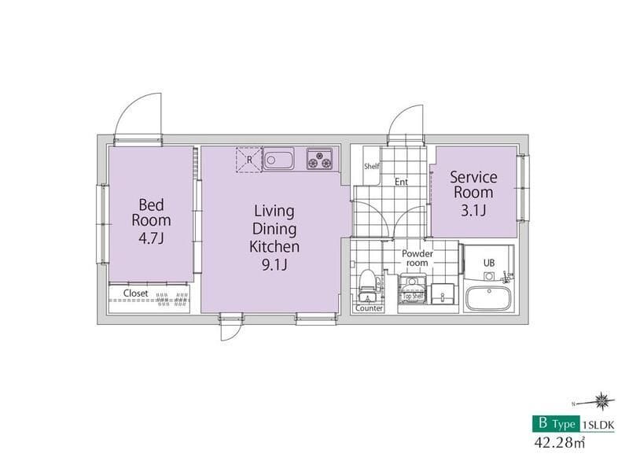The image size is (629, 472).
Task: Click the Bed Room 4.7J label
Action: coord(151,221)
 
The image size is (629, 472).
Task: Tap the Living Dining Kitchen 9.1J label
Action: coord(274,238)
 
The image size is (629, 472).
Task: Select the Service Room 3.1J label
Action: coord(473,194)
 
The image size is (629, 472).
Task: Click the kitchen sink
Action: coord(278,159)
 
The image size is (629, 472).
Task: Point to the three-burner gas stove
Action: coord(320,158)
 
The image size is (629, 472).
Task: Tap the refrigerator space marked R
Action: coord(248,160)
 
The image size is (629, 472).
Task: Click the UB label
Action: coord(488,263)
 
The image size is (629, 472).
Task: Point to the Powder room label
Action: coord(417,258)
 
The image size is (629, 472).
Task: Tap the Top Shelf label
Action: coord(413,297)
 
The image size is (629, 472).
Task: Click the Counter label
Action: coord(369,308)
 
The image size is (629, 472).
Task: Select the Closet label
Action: coord(135,293)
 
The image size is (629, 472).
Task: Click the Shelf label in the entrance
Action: coord(371,166)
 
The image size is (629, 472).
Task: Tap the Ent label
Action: coord(401,182)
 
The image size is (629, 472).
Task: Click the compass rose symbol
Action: coord(601,400)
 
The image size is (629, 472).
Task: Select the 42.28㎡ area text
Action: coord(559,442)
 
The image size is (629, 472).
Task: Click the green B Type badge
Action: coord(556,423)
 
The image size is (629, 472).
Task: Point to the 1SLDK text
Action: coord(598,425)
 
